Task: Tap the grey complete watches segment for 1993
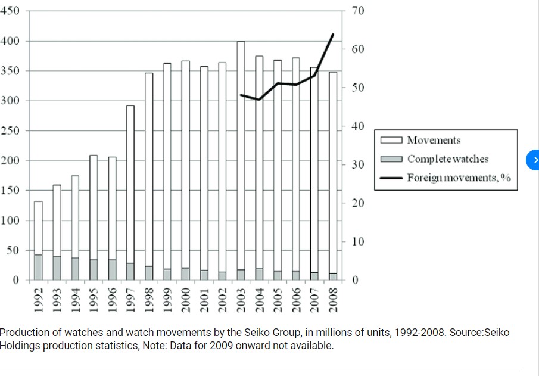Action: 57,268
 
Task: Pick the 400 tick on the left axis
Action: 11,41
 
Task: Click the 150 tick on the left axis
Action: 11,191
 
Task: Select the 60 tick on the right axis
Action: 357,49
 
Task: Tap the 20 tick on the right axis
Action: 357,203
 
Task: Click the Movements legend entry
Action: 434,141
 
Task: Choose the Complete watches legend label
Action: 447,159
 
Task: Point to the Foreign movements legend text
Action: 459,178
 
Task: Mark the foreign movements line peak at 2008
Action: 333,35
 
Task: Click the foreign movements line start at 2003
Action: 241,95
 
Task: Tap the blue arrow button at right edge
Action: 534,160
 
